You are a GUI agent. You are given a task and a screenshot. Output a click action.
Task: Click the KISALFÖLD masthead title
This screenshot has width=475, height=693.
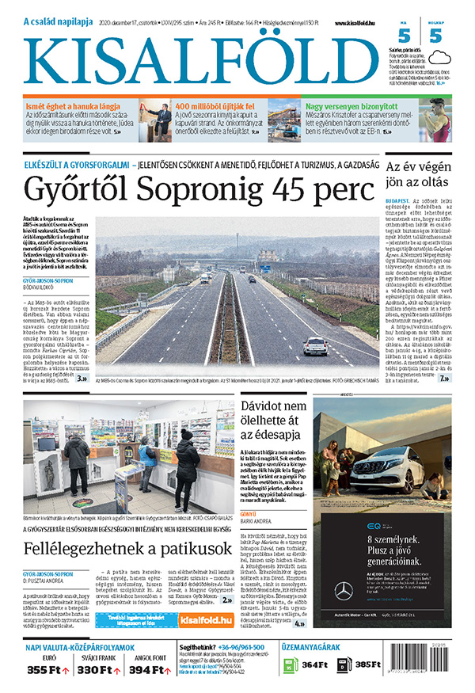201,60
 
